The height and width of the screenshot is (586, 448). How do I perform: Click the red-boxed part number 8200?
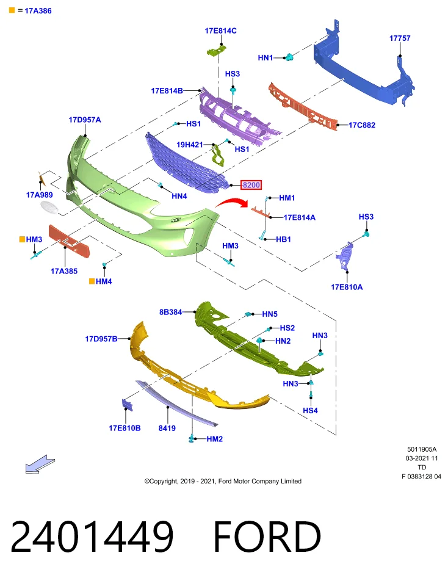[251, 184]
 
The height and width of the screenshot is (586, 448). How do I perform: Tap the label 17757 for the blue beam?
[399, 38]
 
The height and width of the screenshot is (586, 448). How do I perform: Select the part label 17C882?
[362, 125]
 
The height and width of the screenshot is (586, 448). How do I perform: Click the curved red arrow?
[232, 203]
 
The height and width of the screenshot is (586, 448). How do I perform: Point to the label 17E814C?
[220, 31]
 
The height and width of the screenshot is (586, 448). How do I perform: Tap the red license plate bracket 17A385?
[70, 241]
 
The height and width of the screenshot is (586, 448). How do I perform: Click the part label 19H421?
[189, 145]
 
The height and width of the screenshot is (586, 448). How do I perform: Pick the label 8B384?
[170, 312]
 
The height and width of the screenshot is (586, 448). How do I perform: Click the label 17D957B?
[101, 339]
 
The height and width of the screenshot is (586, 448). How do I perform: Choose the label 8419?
[167, 429]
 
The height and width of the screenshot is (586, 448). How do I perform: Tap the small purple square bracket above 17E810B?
[127, 405]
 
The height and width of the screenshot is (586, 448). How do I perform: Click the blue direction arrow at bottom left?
[40, 464]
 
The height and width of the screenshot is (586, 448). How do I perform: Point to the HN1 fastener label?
[266, 57]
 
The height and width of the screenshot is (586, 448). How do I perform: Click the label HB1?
[283, 239]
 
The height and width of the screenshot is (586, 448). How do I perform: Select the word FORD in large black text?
[267, 536]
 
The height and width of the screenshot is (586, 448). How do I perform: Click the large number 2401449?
[92, 537]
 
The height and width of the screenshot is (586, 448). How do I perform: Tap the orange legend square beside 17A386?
[12, 10]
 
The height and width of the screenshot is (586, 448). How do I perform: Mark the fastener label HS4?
[310, 411]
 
